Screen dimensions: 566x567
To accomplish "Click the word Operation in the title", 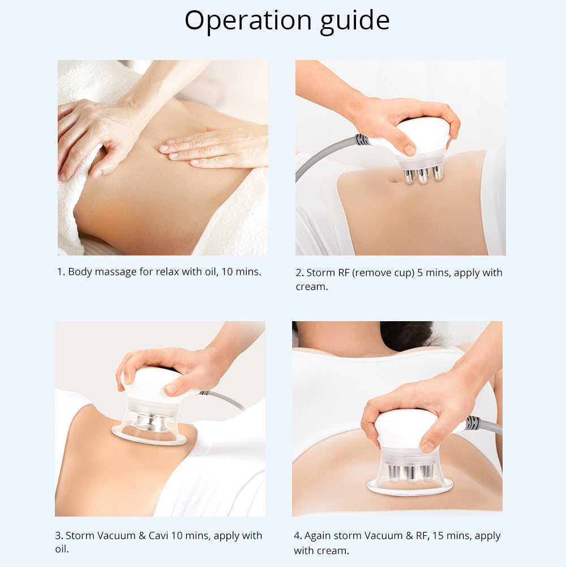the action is tap(248, 20).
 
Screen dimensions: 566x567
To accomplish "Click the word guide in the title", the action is tap(355, 21).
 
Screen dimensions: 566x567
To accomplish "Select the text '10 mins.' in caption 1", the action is tap(241, 271).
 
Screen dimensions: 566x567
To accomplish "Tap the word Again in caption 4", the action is tap(317, 536).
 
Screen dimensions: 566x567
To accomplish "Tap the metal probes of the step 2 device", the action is tap(423, 175).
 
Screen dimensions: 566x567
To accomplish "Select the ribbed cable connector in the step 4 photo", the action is tap(473, 423).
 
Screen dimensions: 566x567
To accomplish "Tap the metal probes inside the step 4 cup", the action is tap(410, 473).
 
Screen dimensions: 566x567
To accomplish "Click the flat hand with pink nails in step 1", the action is tap(214, 148).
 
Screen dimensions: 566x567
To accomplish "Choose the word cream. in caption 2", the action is tap(312, 287).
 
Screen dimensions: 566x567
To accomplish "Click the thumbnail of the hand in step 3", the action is tap(171, 389).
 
